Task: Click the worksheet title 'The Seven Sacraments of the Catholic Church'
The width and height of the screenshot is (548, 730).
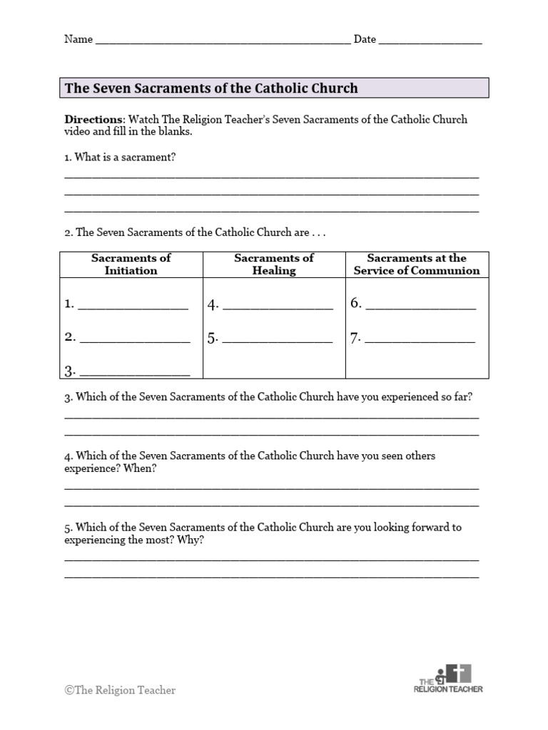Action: pyautogui.click(x=211, y=88)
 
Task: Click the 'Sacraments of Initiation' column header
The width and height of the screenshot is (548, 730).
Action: pyautogui.click(x=131, y=264)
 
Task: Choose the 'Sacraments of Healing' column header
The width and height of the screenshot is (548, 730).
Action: pyautogui.click(x=274, y=264)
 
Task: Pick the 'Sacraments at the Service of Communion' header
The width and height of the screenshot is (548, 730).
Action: pyautogui.click(x=417, y=264)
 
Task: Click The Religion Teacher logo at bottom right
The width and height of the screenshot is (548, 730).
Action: pyautogui.click(x=450, y=679)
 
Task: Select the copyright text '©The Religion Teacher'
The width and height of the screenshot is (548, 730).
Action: pyautogui.click(x=120, y=690)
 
